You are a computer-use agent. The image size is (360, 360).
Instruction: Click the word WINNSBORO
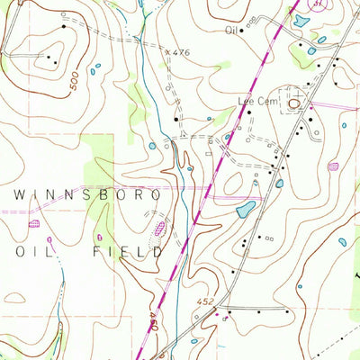pyautogui.click(x=87, y=194)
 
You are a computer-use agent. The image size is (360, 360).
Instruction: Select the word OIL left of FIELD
pyautogui.click(x=30, y=252)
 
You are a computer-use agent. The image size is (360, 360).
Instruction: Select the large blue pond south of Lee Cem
pyautogui.click(x=244, y=211)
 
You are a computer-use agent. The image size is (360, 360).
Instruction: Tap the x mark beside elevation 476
pyautogui.click(x=168, y=51)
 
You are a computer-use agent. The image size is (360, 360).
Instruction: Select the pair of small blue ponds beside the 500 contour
pyautogui.click(x=95, y=68)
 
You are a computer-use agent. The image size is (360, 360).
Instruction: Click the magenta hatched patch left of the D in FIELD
pyautogui.click(x=160, y=229)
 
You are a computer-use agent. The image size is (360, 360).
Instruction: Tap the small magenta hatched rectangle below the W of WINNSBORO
pyautogui.click(x=35, y=222)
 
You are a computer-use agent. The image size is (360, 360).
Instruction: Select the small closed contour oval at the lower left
pyautogui.click(x=14, y=295)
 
